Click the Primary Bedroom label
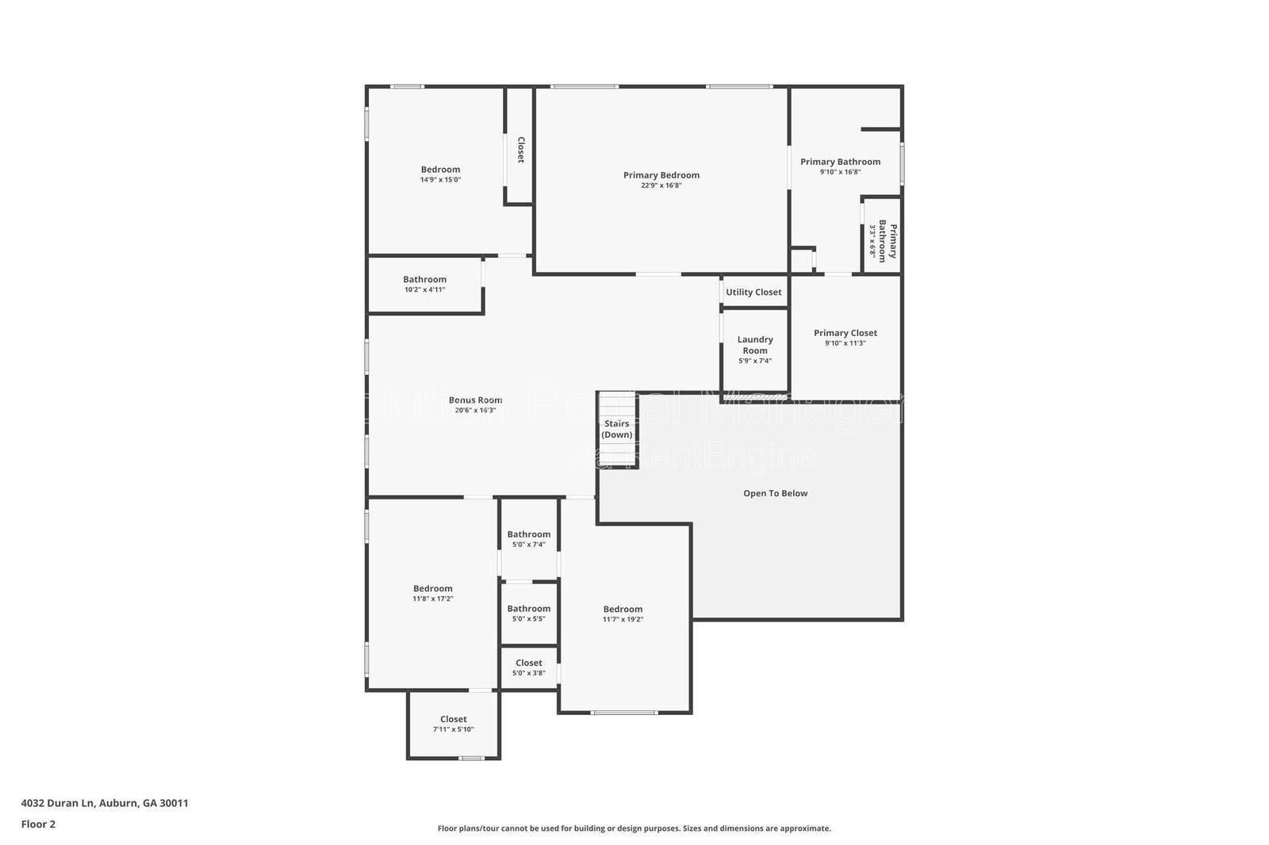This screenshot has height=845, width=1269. pyautogui.click(x=661, y=175)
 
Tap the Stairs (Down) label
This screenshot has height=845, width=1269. pyautogui.click(x=616, y=429)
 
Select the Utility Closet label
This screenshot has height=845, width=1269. pyautogui.click(x=753, y=292)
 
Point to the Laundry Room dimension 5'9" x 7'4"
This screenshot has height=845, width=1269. pyautogui.click(x=754, y=361)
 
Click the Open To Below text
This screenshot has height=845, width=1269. pyautogui.click(x=775, y=493)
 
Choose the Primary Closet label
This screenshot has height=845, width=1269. pyautogui.click(x=845, y=333)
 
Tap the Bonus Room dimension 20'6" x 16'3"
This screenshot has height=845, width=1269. pyautogui.click(x=475, y=410)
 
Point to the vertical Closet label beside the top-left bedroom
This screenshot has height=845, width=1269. pyautogui.click(x=520, y=150)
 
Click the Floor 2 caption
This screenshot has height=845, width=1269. pyautogui.click(x=38, y=824)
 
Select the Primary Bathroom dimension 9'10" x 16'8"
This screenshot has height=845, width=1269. pyautogui.click(x=840, y=172)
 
